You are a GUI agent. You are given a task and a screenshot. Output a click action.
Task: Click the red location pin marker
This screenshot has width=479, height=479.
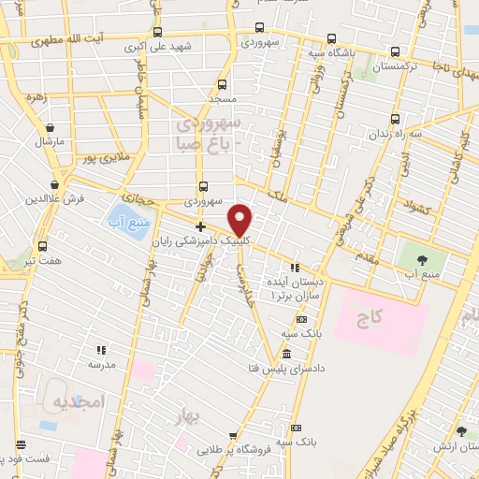(240, 220)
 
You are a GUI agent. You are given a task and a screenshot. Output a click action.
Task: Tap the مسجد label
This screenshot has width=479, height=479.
(222, 98)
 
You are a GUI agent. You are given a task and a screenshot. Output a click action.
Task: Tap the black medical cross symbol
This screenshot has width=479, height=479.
(200, 226)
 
